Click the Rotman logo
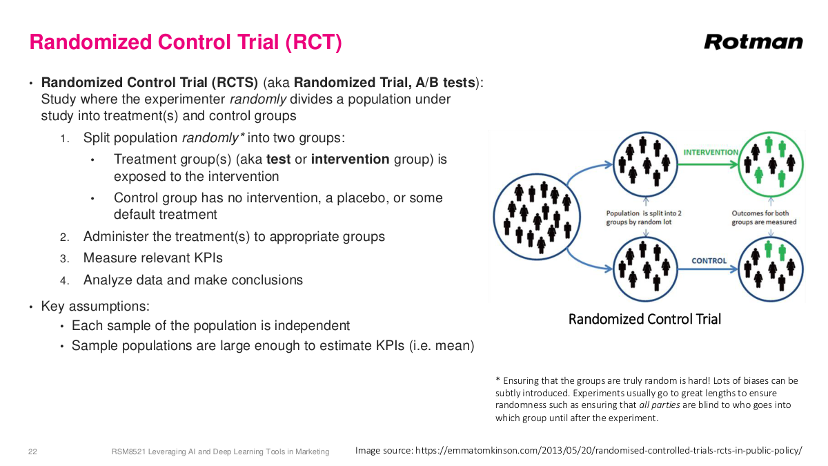point(753,41)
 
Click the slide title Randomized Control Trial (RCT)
point(186,42)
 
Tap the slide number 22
point(32,452)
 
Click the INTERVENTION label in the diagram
point(710,152)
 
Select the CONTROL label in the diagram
point(709,261)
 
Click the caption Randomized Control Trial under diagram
point(644,319)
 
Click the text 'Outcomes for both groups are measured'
point(764,217)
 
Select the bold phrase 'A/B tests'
point(445,83)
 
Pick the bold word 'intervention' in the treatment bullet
point(350,159)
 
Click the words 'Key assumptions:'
point(95,306)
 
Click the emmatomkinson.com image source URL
point(608,451)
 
